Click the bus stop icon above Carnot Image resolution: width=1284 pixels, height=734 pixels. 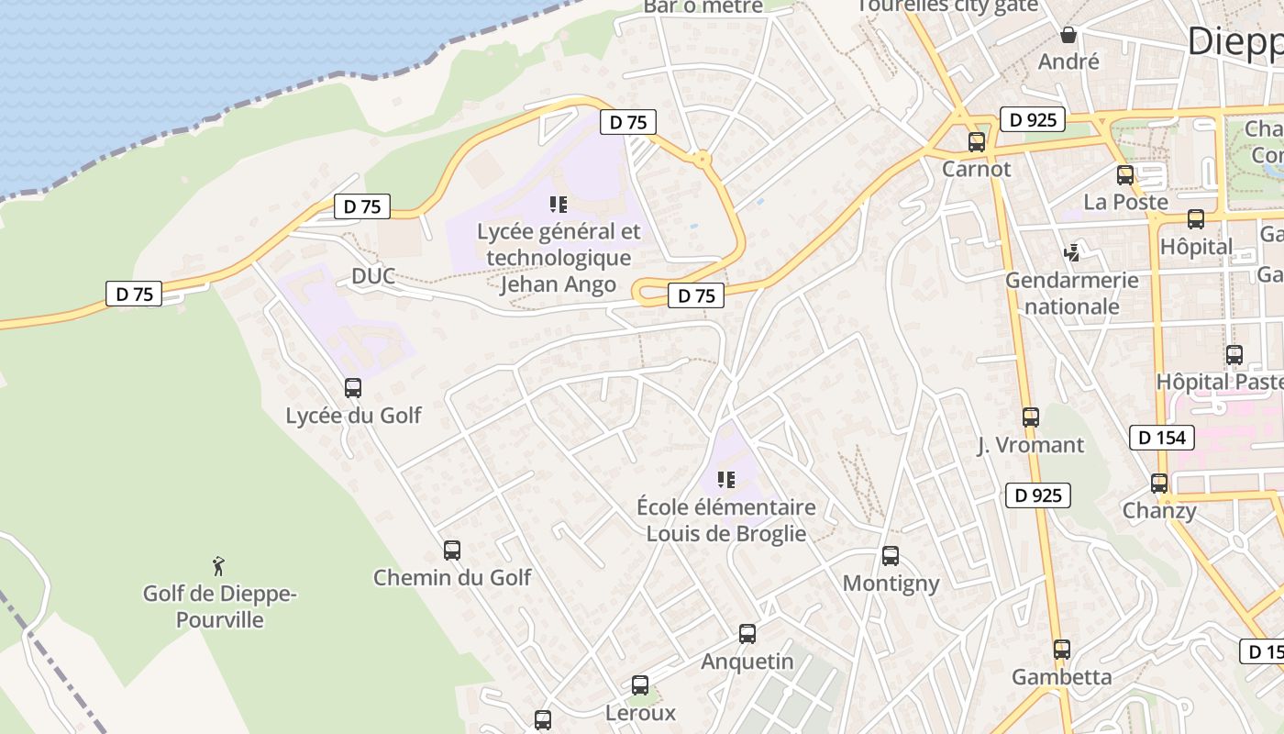[977, 142]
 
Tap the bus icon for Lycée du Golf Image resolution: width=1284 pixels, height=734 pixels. [353, 388]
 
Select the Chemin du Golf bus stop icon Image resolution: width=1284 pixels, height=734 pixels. [452, 550]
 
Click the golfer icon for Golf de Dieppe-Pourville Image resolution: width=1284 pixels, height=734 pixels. [218, 566]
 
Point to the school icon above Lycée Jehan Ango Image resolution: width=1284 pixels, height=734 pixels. [559, 205]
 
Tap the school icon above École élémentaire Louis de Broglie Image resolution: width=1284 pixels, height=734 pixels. [726, 480]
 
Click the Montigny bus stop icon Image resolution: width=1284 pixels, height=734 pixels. [891, 556]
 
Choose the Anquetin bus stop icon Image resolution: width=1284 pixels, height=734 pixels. [747, 634]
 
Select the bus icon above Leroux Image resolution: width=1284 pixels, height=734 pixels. [640, 685]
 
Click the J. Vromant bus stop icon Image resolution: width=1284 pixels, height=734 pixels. [1031, 417]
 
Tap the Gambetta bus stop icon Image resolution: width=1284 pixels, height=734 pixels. [1062, 650]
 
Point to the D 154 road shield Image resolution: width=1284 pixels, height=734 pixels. [1162, 438]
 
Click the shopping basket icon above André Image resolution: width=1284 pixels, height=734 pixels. [1068, 36]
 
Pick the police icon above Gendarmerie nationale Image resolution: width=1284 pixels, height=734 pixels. [1071, 252]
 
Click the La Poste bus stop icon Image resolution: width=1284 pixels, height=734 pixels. [1125, 175]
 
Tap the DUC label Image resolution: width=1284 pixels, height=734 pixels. [373, 276]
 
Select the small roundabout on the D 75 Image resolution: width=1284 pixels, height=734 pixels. [703, 160]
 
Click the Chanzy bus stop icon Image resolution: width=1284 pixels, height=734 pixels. [1159, 484]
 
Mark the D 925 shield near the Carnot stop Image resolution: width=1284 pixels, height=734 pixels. [1033, 119]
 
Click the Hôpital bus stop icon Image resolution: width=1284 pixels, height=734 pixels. [1196, 219]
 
